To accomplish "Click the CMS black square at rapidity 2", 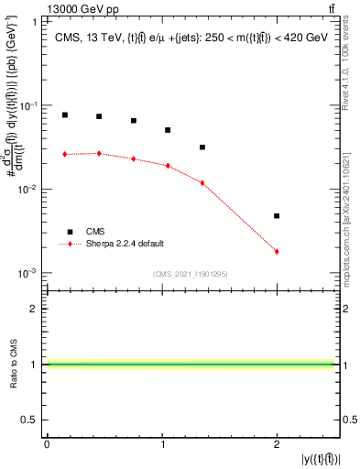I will (277, 216).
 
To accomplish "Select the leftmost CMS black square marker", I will (65, 115).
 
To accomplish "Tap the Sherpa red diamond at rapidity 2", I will (277, 251).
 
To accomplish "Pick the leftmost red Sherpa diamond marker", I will (65, 154).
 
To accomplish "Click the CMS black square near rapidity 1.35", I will (202, 147).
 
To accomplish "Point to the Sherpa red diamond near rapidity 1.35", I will (202, 182).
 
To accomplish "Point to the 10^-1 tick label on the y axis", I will (30, 105).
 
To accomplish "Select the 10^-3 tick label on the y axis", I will (30, 273).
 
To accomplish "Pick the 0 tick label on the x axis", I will (47, 444).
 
